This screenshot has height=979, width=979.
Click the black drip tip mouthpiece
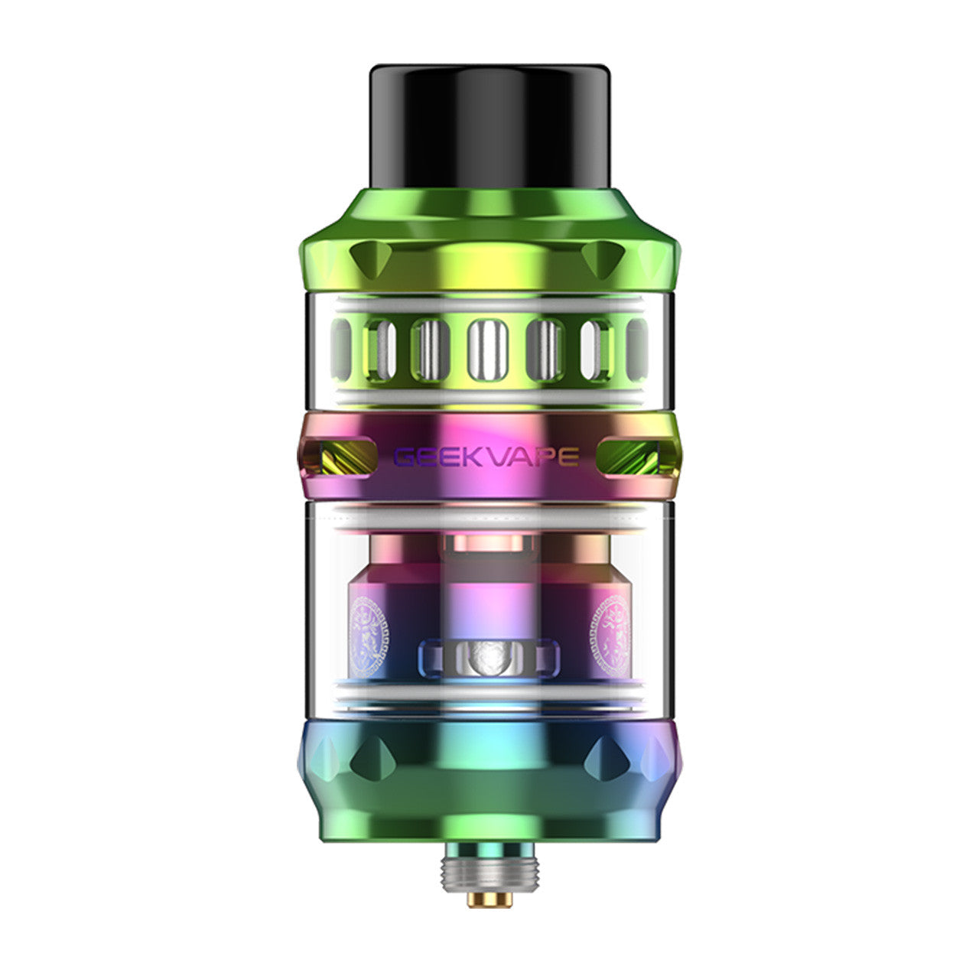[489, 127]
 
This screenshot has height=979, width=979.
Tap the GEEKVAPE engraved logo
[486, 457]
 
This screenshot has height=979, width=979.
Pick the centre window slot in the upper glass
[488, 350]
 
